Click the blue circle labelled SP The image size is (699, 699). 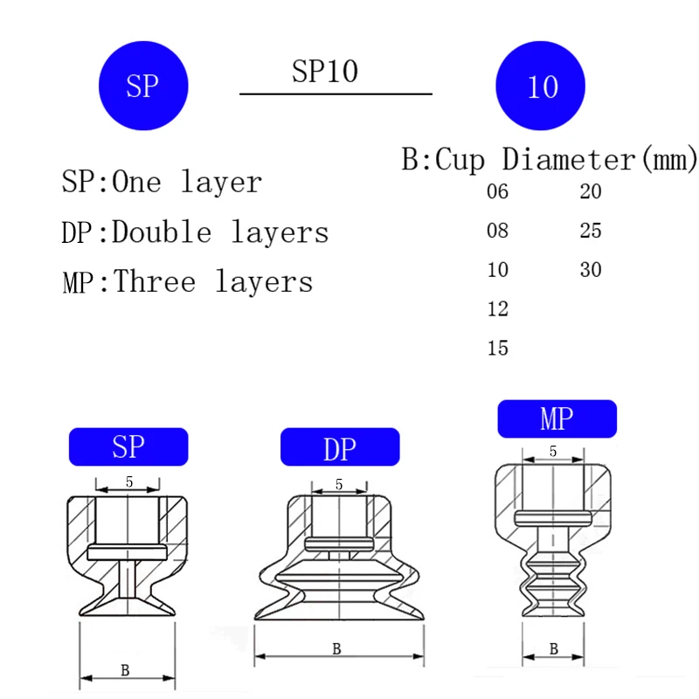143,86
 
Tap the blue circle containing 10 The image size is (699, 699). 540,86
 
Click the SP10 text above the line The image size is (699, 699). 325,72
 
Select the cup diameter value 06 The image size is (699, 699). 497,191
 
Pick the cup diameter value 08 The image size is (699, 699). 497,231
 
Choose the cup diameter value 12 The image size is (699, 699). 497,308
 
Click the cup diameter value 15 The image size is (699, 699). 497,348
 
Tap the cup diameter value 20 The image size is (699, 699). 591,191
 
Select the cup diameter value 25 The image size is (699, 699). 591,231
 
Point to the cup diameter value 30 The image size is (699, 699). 591,270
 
